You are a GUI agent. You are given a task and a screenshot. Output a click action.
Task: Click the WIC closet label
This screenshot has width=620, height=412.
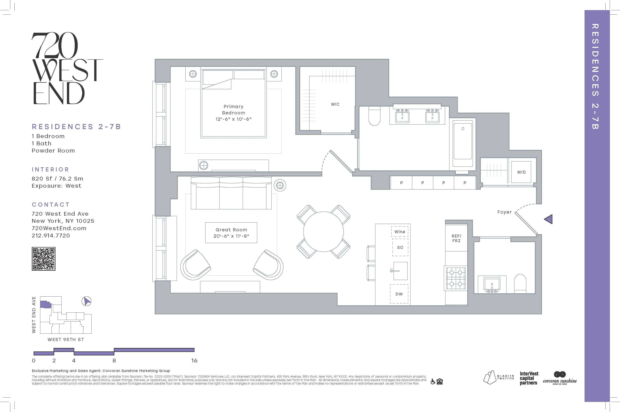coord(335,104)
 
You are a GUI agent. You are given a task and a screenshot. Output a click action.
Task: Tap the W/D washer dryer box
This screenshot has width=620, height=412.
coord(521,172)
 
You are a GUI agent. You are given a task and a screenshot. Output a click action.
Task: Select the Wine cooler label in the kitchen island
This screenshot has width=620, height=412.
coord(400,231)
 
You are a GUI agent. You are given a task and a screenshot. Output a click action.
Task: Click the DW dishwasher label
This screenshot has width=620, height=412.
coord(399,294)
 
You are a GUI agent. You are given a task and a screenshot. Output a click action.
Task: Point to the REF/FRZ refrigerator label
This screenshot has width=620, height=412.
coord(456,238)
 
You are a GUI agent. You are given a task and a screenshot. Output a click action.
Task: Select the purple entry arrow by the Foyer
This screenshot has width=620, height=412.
coord(548,219)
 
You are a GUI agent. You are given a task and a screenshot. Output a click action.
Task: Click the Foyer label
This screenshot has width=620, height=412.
coord(504,212)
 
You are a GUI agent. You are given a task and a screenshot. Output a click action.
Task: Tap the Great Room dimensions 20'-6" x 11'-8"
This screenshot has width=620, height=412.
coord(231,236)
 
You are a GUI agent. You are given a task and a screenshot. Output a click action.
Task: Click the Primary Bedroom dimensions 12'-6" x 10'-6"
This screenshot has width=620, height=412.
coord(233,119)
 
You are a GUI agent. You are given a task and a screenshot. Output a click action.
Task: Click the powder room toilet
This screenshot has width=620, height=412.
coord(520,284)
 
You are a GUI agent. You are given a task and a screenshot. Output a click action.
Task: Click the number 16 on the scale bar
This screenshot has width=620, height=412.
coord(194,360)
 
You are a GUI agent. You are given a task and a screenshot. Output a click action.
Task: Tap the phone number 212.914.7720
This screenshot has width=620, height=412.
coord(51,236)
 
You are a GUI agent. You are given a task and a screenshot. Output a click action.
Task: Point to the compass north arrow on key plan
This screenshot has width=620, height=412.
coord(86,301)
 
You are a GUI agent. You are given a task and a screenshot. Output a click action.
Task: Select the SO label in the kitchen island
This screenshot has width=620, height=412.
coord(400,247)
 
